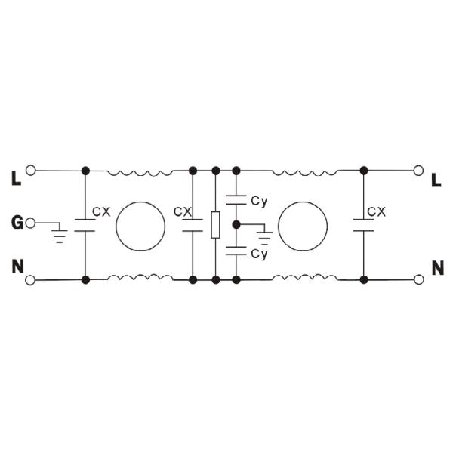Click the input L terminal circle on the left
pyautogui.click(x=30, y=171)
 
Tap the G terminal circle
pyautogui.click(x=30, y=223)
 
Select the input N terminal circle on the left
pyautogui.click(x=30, y=280)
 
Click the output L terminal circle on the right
pyautogui.click(x=418, y=171)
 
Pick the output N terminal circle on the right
pyautogui.click(x=418, y=279)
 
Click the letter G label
pyautogui.click(x=17, y=223)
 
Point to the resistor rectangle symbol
pyautogui.click(x=215, y=225)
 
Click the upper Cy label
pyautogui.click(x=259, y=201)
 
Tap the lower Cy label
pyautogui.click(x=259, y=254)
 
